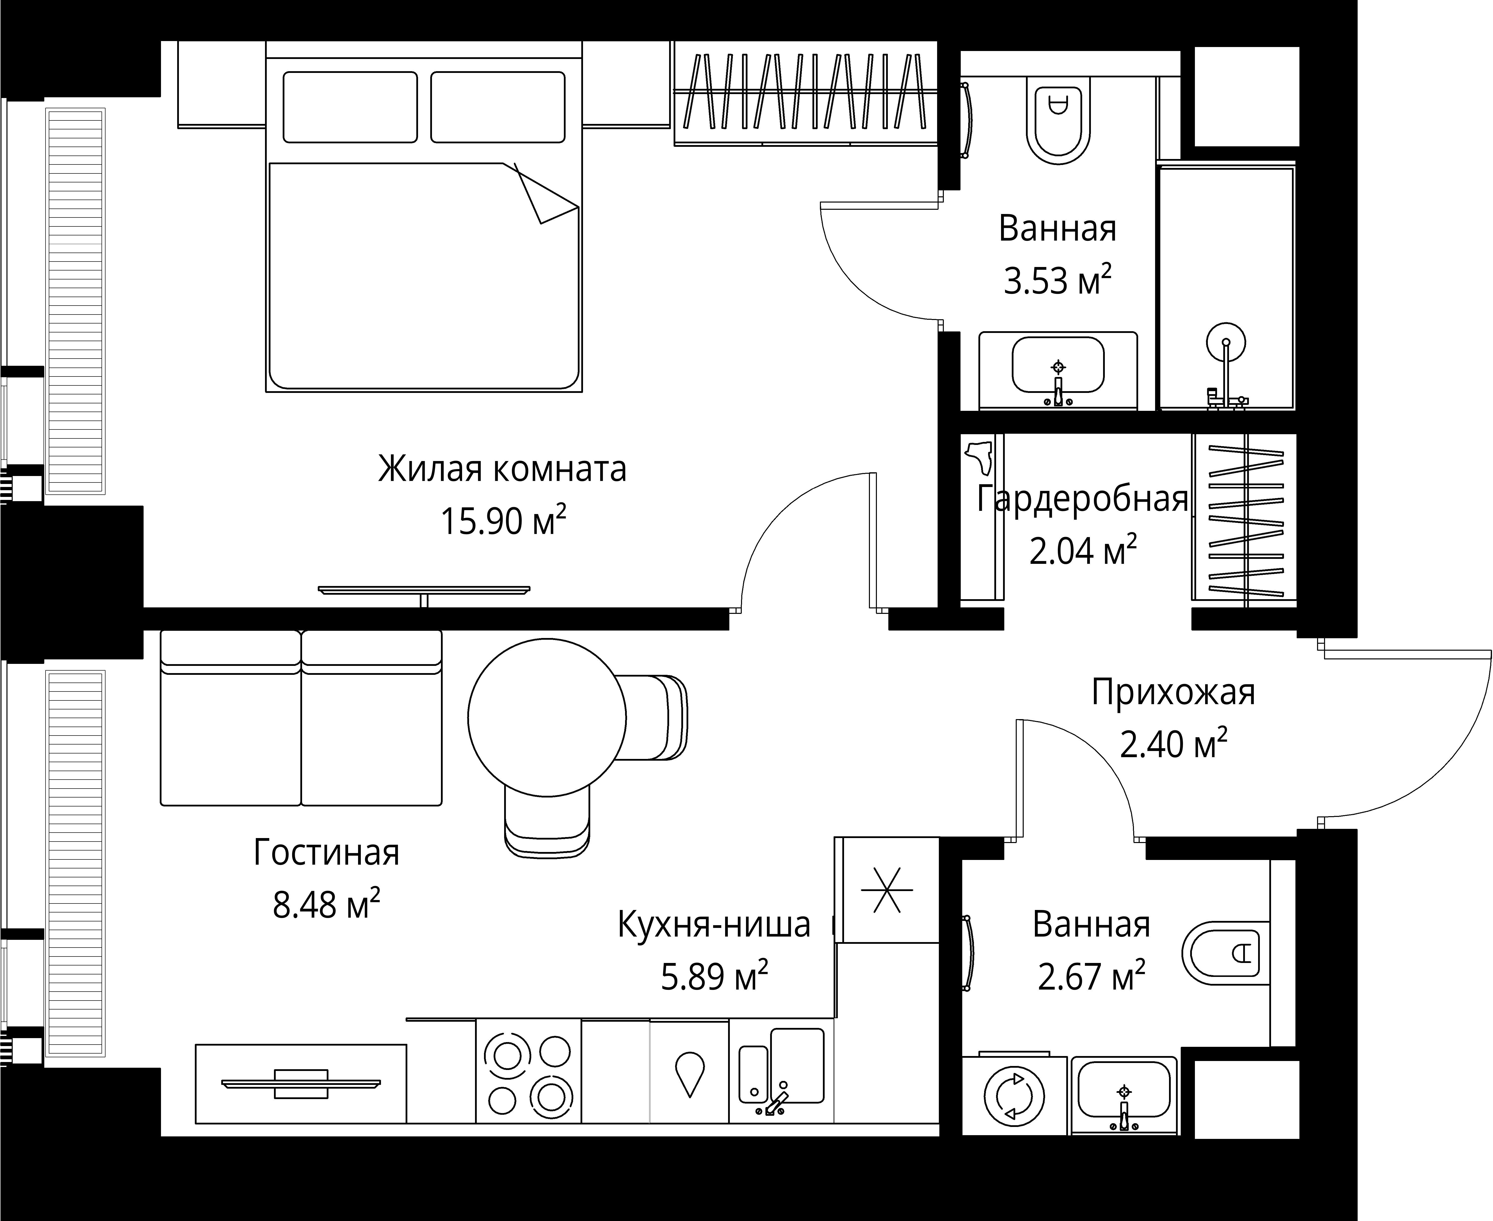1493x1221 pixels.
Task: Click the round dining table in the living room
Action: tap(546, 717)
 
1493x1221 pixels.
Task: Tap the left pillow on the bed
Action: tap(350, 107)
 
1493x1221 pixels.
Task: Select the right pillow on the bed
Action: tap(497, 107)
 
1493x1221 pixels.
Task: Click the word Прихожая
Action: tap(1172, 692)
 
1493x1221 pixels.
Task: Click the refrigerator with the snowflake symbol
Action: tap(887, 890)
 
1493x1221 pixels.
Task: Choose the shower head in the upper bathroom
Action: tap(1226, 343)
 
